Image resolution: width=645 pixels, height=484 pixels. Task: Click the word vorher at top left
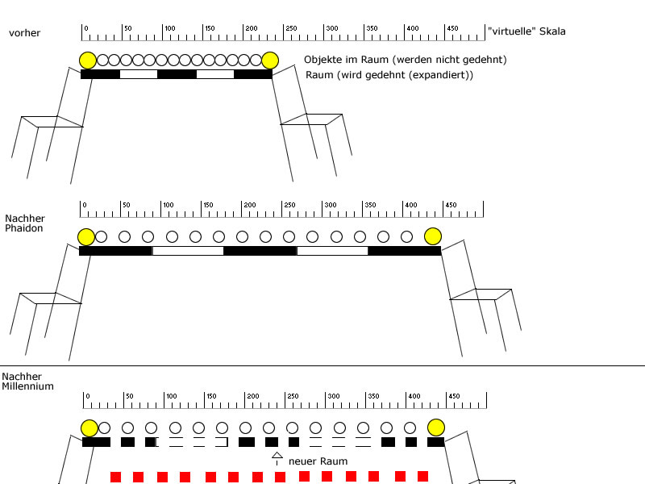[x=24, y=33]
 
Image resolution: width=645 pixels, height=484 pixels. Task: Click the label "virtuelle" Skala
[x=526, y=31]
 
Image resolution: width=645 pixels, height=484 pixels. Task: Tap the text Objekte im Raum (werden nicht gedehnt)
[x=405, y=60]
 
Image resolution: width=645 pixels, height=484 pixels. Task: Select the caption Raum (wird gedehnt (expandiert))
[x=389, y=75]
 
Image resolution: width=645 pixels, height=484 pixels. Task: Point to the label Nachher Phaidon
[x=25, y=223]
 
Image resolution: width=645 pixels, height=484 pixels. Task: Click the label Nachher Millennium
[x=27, y=382]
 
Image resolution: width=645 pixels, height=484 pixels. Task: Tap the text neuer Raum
[x=318, y=461]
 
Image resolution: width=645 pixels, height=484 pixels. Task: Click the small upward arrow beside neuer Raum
[x=277, y=457]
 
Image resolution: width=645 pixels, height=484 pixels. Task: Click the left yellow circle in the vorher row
[x=88, y=60]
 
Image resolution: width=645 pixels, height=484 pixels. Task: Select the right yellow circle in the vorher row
[x=270, y=60]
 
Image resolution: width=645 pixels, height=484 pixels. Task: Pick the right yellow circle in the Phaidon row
[x=433, y=236]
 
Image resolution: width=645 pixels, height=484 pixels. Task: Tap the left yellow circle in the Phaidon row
[x=86, y=236]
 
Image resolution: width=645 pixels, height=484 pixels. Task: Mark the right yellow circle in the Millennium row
[x=436, y=428]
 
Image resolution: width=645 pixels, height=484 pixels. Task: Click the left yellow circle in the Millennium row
[x=89, y=428]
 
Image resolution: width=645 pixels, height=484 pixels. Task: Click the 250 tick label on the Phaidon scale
[x=289, y=205]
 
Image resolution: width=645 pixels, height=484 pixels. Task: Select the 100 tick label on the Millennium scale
[x=171, y=396]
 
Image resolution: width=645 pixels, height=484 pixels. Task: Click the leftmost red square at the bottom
[x=115, y=477]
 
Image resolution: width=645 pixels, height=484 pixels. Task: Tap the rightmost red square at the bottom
[x=422, y=476]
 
